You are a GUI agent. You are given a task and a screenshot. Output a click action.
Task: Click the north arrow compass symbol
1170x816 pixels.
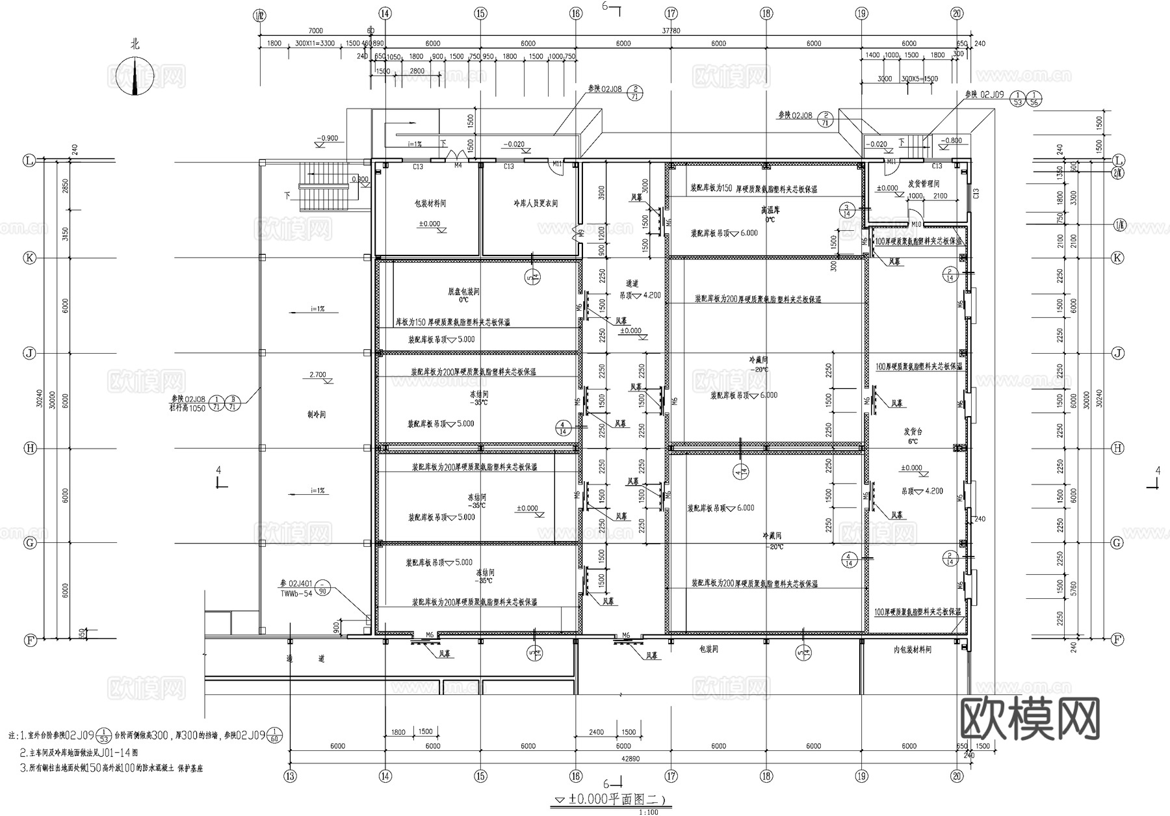(x=135, y=75)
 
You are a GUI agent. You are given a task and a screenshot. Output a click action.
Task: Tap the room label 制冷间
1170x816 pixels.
(x=317, y=414)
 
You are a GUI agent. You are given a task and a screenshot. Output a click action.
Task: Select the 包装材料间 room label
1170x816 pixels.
(x=430, y=204)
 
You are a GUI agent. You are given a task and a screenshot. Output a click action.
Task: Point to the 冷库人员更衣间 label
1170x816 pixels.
(x=534, y=204)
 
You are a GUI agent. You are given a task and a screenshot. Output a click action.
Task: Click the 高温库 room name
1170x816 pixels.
(x=770, y=211)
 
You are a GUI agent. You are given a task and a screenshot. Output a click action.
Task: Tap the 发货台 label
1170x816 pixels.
(x=913, y=431)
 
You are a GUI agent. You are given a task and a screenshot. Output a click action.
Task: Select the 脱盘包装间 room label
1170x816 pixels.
(x=463, y=292)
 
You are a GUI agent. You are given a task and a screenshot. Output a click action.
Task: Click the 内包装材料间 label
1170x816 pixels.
(x=912, y=649)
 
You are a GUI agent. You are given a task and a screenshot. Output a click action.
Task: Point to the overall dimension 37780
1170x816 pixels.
(x=671, y=31)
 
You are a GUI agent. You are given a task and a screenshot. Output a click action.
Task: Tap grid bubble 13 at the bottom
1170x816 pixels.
(x=290, y=776)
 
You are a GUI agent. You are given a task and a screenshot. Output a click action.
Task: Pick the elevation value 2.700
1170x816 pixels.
(x=318, y=375)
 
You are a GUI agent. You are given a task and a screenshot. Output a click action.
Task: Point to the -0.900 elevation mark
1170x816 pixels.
(x=328, y=138)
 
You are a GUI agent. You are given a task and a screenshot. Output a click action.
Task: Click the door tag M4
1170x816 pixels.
(x=458, y=166)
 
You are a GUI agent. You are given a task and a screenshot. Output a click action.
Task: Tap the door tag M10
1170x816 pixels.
(x=916, y=224)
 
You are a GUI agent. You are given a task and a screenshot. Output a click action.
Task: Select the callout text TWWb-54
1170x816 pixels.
(x=296, y=594)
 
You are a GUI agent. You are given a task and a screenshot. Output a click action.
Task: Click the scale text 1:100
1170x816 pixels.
(x=648, y=811)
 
